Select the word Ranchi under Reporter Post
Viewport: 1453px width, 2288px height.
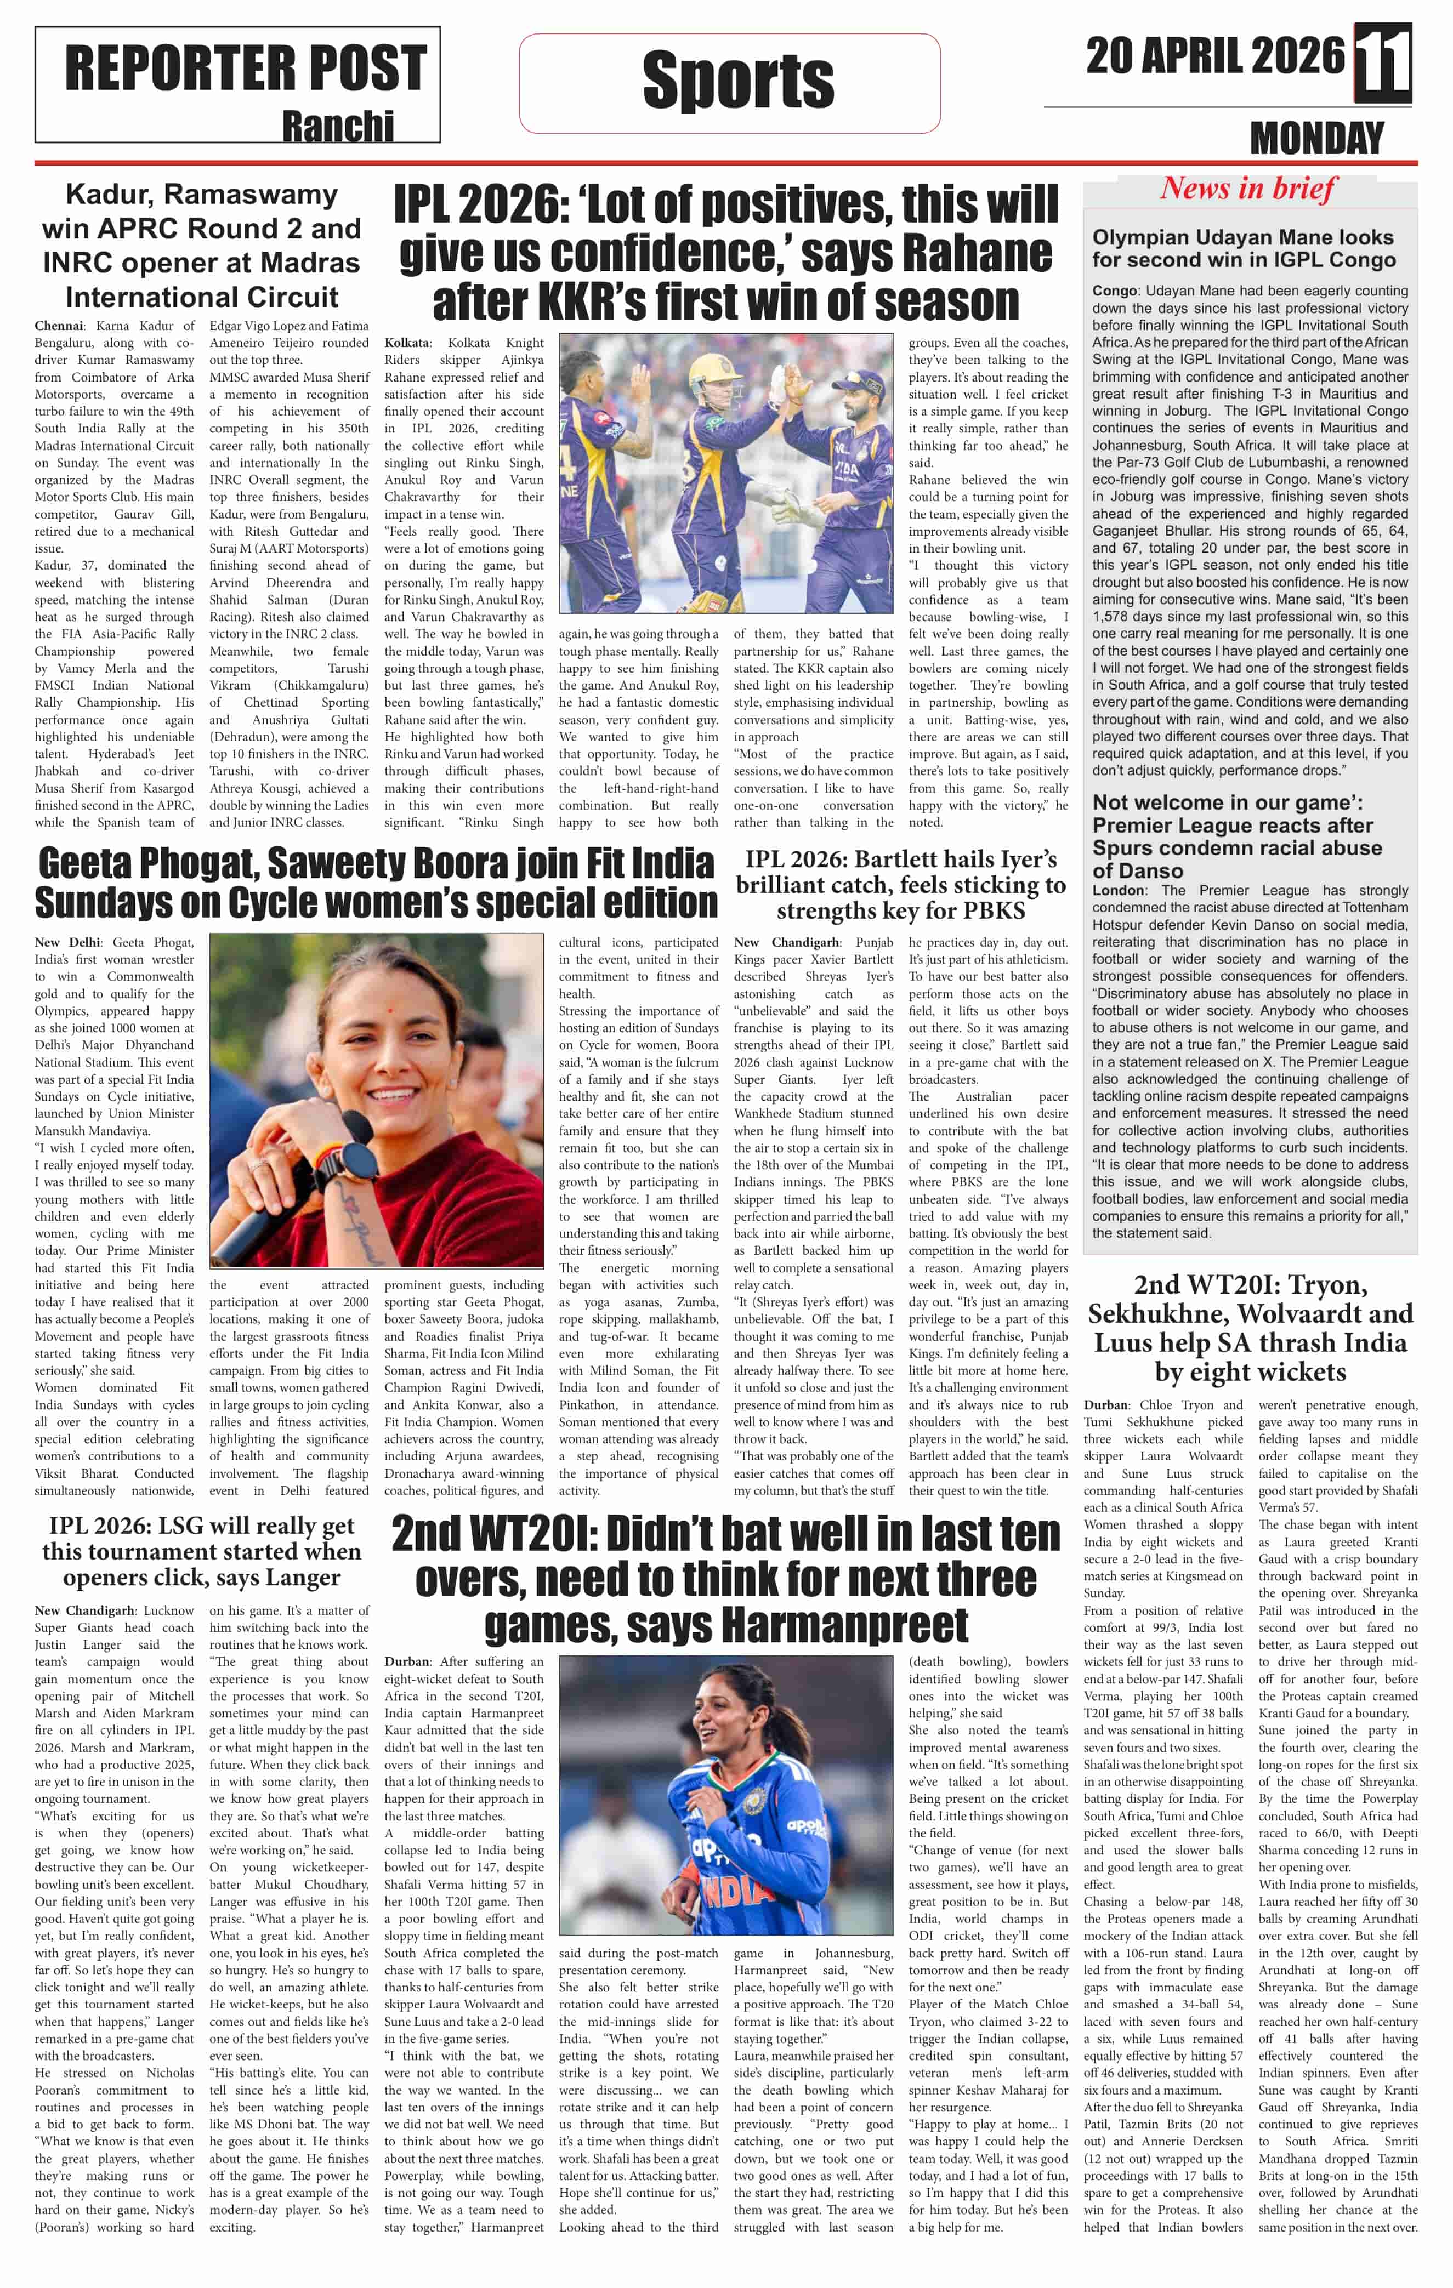pos(337,127)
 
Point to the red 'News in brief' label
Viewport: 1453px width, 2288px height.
pos(1248,188)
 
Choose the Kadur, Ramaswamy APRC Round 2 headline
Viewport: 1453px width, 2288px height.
pos(201,245)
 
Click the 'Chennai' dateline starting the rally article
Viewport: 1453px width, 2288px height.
pos(58,326)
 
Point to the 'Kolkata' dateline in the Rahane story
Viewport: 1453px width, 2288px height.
pos(407,343)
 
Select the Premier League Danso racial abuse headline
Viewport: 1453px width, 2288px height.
pos(1236,836)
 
